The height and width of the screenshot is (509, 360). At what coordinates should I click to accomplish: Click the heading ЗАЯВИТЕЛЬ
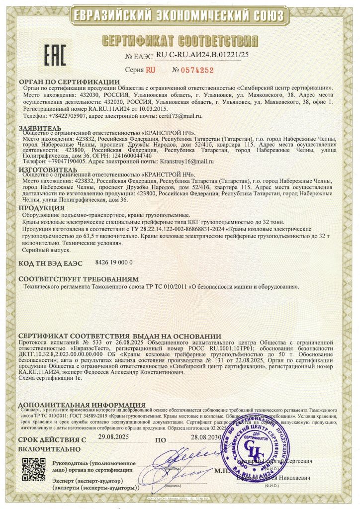click(x=41, y=127)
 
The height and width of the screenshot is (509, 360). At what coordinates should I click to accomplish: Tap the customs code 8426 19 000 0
click(x=114, y=261)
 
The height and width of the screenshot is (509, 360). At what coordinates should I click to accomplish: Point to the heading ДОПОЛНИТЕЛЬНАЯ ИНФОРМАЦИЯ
click(x=81, y=405)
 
